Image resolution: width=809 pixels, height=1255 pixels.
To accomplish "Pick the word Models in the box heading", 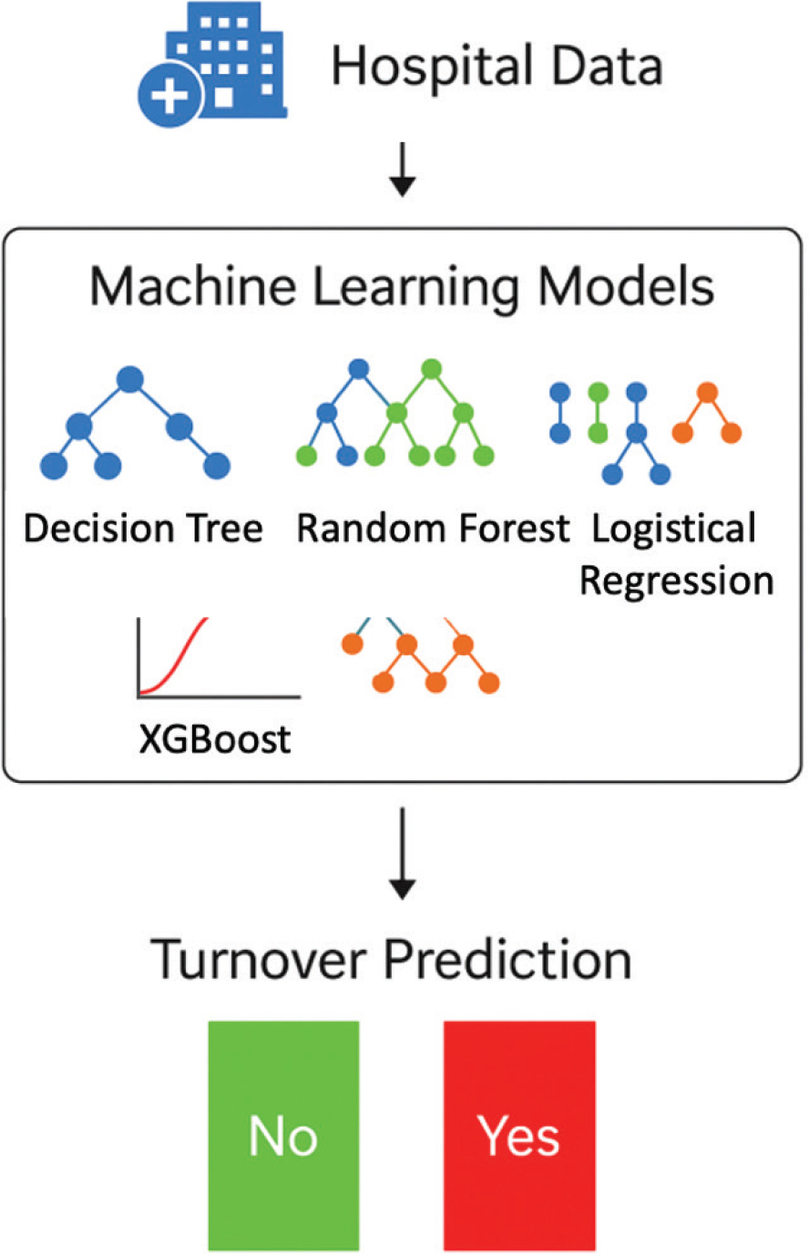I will pos(627,287).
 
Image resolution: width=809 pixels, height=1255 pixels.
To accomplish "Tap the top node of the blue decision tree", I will pos(130,380).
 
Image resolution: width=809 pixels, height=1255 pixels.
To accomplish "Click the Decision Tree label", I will pos(143,529).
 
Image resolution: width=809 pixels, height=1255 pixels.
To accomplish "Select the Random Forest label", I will pos(433,529).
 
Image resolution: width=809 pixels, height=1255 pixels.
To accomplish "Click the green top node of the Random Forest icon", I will pos(432,369).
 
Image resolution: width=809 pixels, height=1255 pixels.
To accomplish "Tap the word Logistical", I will pos(674,529).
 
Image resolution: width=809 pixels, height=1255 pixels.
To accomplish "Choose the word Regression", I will pos(676,581).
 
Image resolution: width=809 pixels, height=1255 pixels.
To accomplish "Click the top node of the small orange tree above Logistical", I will pos(707,393).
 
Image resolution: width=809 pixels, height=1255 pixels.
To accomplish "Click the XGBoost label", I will pos(215,739).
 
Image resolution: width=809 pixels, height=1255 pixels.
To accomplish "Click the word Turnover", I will pos(257,959).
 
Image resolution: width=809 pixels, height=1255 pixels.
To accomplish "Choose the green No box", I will pos(283,1135).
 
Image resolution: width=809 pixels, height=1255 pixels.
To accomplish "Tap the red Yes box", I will pos(519,1135).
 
